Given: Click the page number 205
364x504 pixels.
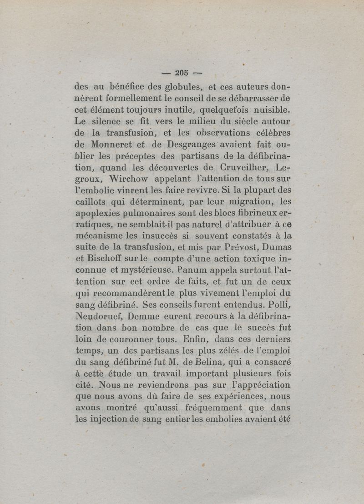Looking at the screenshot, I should [x=182, y=71].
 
